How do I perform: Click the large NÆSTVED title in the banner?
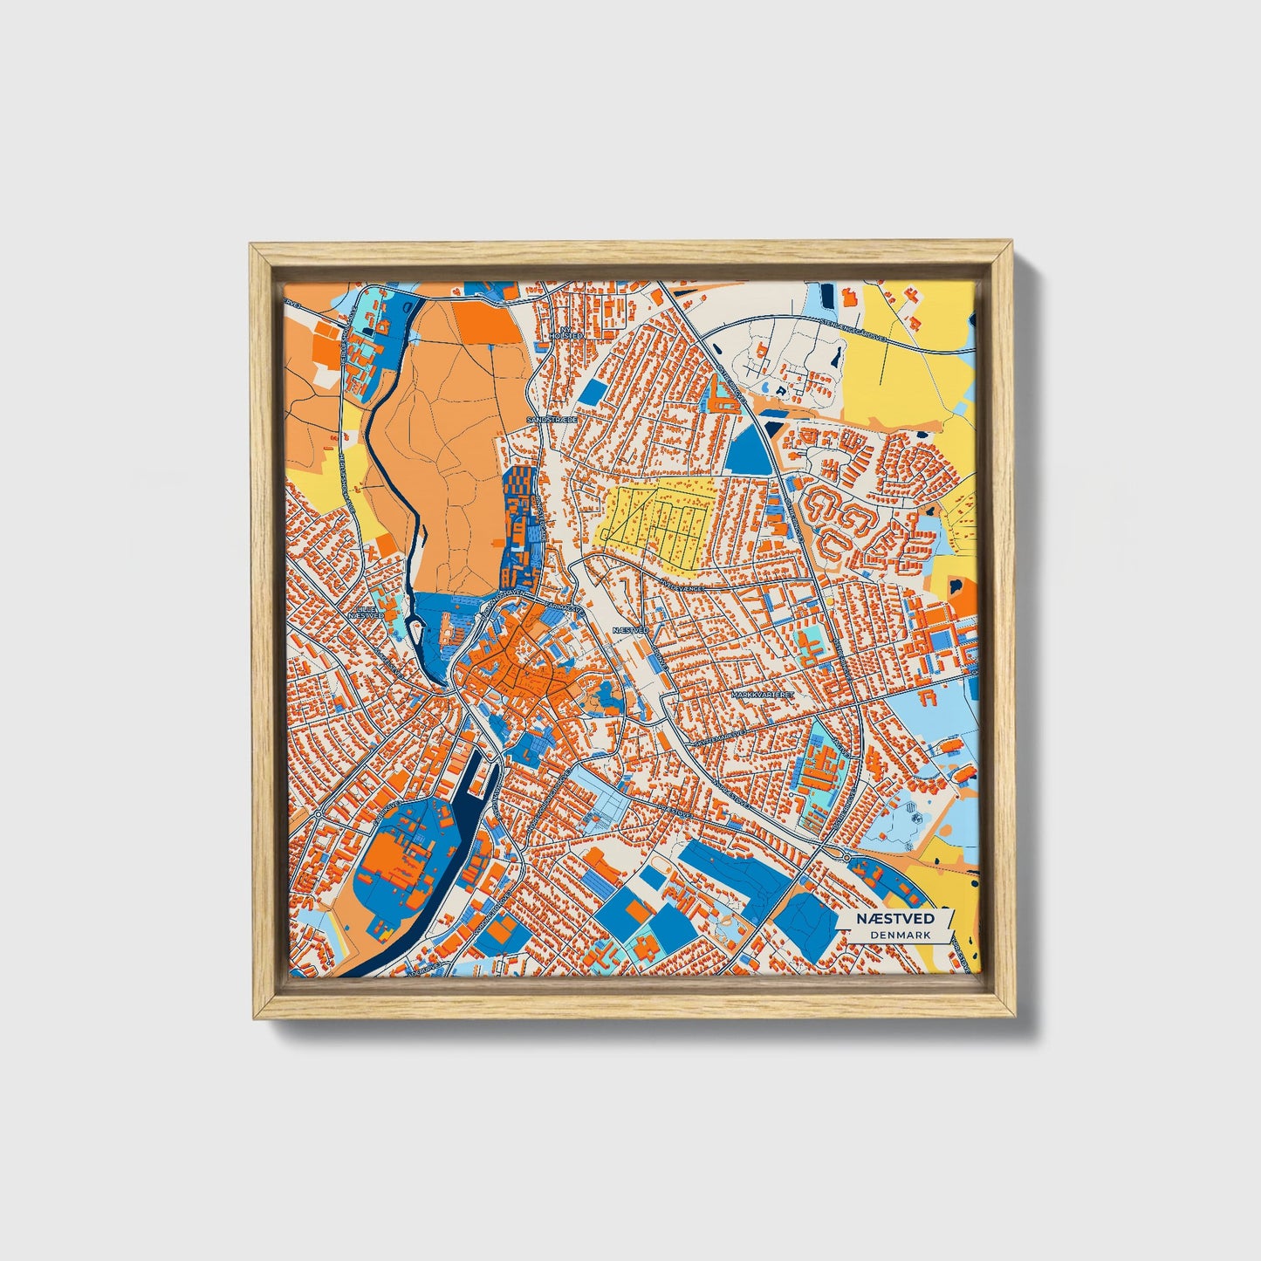pyautogui.click(x=894, y=919)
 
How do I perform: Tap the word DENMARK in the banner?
pyautogui.click(x=900, y=935)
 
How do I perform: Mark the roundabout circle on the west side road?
pyautogui.click(x=319, y=813)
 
